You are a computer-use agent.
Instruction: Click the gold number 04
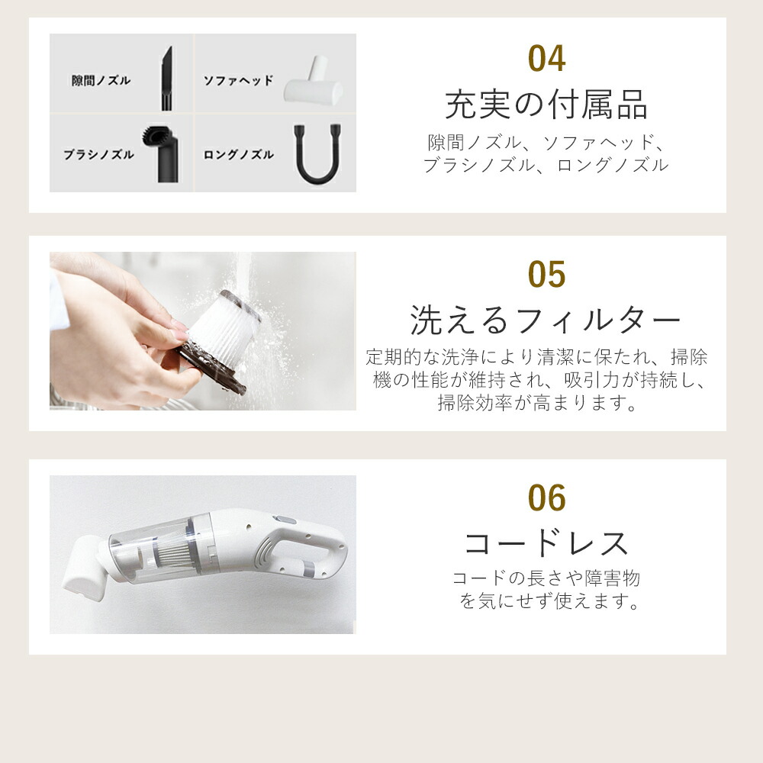coord(546,60)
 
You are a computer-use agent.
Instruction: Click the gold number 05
coord(546,275)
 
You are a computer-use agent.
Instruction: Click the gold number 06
coord(546,499)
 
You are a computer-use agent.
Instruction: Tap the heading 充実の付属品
coord(546,105)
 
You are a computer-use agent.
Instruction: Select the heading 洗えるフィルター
coord(546,320)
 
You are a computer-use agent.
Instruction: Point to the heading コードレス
coord(546,543)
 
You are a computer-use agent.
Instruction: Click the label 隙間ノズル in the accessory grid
coord(101,80)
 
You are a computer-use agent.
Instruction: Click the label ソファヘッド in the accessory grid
coord(237,80)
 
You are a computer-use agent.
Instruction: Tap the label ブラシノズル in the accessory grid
coord(98,154)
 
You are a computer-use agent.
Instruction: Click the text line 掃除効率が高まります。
coord(537,403)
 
